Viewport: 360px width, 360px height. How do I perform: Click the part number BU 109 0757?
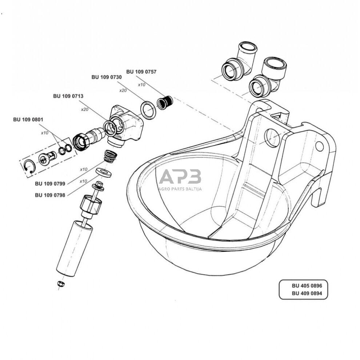pyautogui.click(x=141, y=72)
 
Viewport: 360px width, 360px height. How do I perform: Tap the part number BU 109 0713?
pyautogui.click(x=68, y=96)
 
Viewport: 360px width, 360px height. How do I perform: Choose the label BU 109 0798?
pyautogui.click(x=50, y=195)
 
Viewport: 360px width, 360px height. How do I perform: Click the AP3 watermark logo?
pyautogui.click(x=180, y=177)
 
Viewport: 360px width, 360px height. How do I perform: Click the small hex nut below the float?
pyautogui.click(x=61, y=284)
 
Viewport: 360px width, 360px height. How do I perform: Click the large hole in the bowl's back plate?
pyautogui.click(x=272, y=138)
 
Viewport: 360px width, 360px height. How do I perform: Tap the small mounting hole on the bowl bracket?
pyautogui.click(x=319, y=146)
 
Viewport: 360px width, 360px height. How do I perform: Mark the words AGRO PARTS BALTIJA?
pyautogui.click(x=180, y=189)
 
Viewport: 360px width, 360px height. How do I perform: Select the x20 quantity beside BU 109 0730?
pyautogui.click(x=123, y=90)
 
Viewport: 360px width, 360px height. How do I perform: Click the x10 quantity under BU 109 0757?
pyautogui.click(x=141, y=84)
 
